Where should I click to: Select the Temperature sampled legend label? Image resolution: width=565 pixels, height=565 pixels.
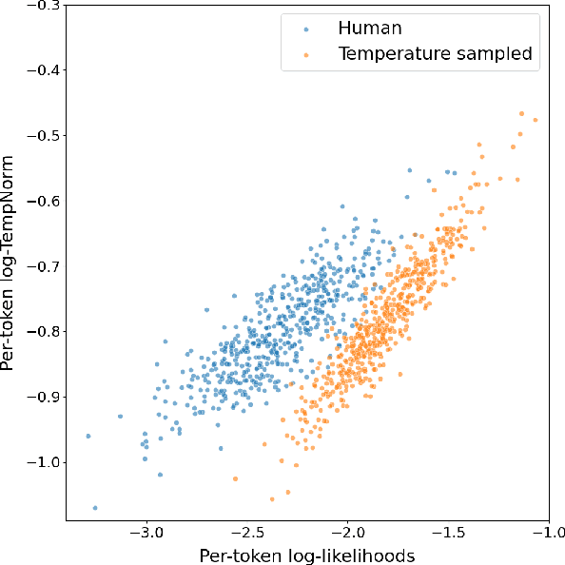coord(435,54)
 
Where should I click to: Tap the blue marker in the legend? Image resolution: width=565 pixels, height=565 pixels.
coord(304,29)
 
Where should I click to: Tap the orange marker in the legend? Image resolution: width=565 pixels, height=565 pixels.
coord(304,54)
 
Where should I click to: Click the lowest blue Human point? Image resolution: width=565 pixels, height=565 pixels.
coord(95,508)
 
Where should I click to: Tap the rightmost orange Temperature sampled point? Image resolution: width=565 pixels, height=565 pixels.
coord(536,120)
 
